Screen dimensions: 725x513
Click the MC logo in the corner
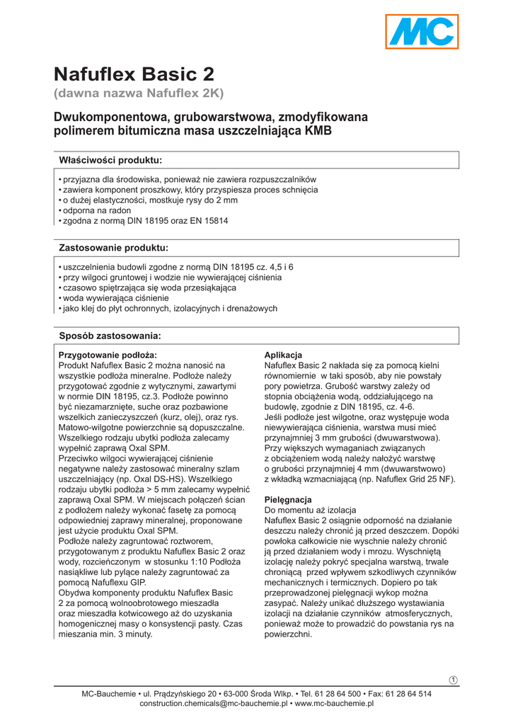click(x=422, y=33)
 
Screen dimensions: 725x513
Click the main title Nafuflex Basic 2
click(x=134, y=74)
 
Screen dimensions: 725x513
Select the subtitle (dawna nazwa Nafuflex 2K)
click(x=139, y=93)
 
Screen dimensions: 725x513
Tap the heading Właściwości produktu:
click(x=110, y=159)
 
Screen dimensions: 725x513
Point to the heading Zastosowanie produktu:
click(x=113, y=248)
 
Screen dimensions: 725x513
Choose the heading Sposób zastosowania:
click(x=110, y=335)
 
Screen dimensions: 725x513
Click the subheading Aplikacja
click(x=283, y=355)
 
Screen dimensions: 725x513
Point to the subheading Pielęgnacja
click(x=288, y=500)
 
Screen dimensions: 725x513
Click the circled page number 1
click(x=454, y=680)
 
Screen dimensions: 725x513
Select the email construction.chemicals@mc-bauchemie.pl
click(x=213, y=704)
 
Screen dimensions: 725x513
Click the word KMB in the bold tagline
click(x=318, y=131)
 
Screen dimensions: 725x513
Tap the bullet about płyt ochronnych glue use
click(x=170, y=309)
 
